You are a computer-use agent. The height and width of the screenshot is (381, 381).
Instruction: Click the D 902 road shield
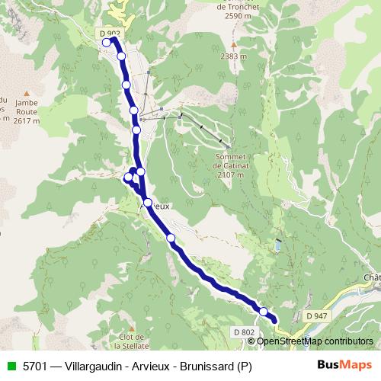[x=110, y=34]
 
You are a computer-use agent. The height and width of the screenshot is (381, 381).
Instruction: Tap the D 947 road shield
[x=319, y=315]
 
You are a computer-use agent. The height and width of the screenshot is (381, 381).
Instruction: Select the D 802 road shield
[x=244, y=332]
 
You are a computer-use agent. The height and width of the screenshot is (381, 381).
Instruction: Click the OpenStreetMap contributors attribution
[x=315, y=341]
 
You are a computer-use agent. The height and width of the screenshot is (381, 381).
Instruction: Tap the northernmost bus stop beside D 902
[x=107, y=43]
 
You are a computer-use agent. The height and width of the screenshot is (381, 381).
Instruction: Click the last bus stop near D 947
[x=264, y=311]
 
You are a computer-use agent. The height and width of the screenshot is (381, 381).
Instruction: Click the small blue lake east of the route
[x=279, y=246]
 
